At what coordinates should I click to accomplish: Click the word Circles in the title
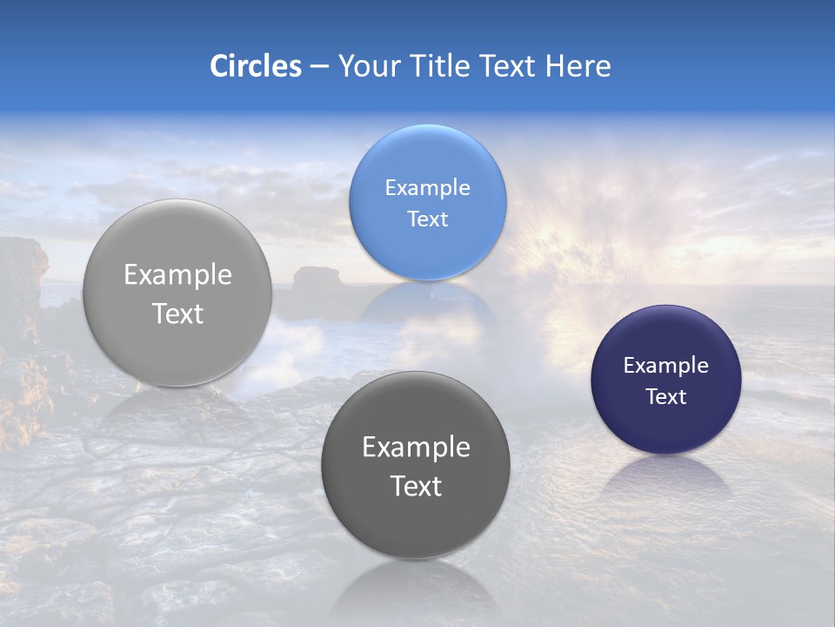point(255,66)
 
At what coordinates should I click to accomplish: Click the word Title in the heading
point(438,66)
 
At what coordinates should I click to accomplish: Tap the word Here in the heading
point(578,66)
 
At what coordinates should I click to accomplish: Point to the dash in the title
point(319,67)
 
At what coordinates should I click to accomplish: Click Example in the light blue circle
point(427,187)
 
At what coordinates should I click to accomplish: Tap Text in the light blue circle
point(427,219)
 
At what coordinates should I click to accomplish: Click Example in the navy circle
point(665,365)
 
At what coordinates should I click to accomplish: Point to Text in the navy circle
point(665,396)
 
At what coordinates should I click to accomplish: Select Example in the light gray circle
point(177,274)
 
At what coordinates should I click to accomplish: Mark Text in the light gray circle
point(177,313)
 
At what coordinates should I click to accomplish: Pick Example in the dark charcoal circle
point(415,447)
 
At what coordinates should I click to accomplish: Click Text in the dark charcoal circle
point(415,486)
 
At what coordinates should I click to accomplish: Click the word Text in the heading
point(509,66)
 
